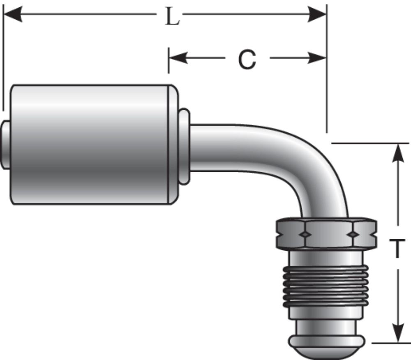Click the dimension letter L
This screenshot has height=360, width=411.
pyautogui.click(x=172, y=17)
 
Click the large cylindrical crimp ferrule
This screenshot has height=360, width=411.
pyautogui.click(x=90, y=144)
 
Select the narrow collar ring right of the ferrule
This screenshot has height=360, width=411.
pyautogui.click(x=185, y=146)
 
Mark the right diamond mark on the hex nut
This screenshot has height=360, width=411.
pyautogui.click(x=352, y=234)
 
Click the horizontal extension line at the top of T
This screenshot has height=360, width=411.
pyautogui.click(x=370, y=143)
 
